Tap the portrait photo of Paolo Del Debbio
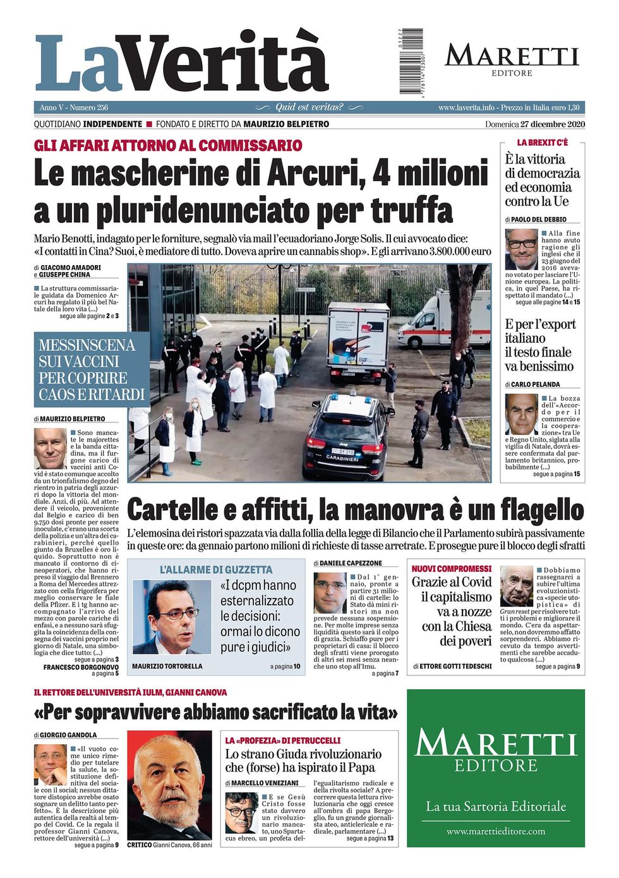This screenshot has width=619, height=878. tap(521, 249)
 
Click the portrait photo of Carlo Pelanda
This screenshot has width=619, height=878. tap(521, 414)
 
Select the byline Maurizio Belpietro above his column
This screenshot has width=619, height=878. tap(73, 418)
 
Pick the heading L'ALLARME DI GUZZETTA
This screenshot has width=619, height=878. tap(215, 569)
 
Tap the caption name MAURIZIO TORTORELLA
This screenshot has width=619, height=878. tap(167, 667)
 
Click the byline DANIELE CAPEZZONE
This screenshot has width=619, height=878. tap(351, 562)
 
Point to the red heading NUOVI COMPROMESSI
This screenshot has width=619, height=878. tap(451, 569)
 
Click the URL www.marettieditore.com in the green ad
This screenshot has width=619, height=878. tap(495, 831)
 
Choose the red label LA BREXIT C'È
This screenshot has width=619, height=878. tap(542, 143)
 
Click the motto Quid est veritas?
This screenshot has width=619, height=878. tap(309, 107)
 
